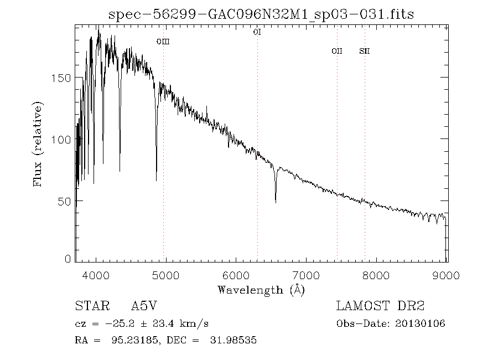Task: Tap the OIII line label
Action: pyautogui.click(x=162, y=41)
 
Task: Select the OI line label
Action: pyautogui.click(x=257, y=32)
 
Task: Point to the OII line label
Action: pyautogui.click(x=336, y=51)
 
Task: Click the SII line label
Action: pyautogui.click(x=364, y=51)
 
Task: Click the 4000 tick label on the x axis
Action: pyautogui.click(x=96, y=275)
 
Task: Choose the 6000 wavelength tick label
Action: pyautogui.click(x=236, y=275)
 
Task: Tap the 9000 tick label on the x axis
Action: pyautogui.click(x=447, y=275)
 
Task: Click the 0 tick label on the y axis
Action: pyautogui.click(x=68, y=259)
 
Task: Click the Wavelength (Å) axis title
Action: pyautogui.click(x=261, y=289)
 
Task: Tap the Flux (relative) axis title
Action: pyautogui.click(x=38, y=144)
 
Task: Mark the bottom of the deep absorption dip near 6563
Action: pyautogui.click(x=276, y=202)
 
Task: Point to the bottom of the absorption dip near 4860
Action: pyautogui.click(x=156, y=180)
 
